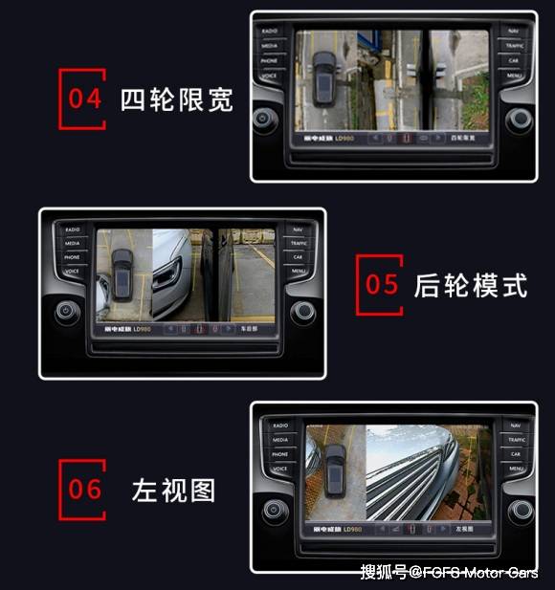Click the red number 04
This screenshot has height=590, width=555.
pyautogui.click(x=84, y=98)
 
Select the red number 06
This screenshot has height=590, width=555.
pyautogui.click(x=84, y=489)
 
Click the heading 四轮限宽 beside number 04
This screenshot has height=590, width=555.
pyautogui.click(x=176, y=99)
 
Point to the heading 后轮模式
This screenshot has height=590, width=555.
pyautogui.click(x=470, y=285)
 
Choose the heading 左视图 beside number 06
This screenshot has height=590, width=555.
pyautogui.click(x=173, y=491)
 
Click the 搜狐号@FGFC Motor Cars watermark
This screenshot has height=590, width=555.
pyautogui.click(x=449, y=572)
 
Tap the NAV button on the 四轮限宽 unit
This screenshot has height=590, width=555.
pyautogui.click(x=514, y=31)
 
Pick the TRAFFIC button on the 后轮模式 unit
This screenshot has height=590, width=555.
pyautogui.click(x=299, y=243)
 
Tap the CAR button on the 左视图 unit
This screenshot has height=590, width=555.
pyautogui.click(x=516, y=454)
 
